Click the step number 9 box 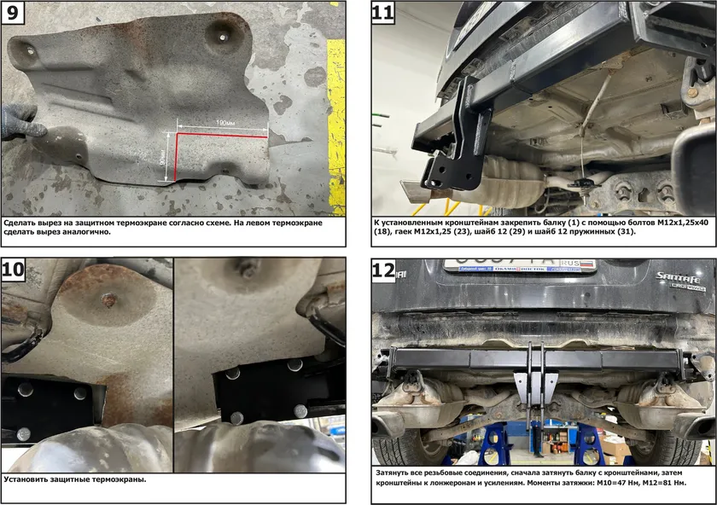[12, 12]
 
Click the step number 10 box [14, 270]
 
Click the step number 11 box [382, 12]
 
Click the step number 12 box [383, 270]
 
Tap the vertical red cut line [175, 157]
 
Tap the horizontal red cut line [222, 136]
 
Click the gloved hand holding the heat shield [20, 123]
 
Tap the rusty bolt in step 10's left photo [108, 299]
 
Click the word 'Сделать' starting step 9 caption [19, 223]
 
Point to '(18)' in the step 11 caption [382, 231]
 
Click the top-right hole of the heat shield [222, 38]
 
